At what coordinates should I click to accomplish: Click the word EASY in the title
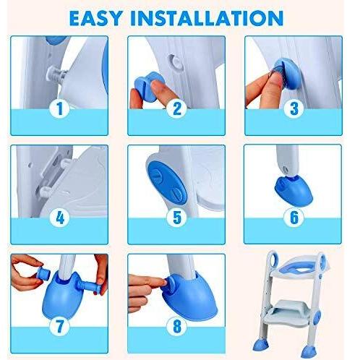click(95, 18)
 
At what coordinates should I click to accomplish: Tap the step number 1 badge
click(59, 108)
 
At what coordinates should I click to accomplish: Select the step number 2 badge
click(176, 108)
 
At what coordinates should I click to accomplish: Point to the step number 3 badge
click(293, 108)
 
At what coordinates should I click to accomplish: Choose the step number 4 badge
click(59, 218)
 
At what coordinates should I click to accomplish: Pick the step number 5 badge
click(176, 218)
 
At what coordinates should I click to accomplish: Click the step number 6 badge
click(293, 218)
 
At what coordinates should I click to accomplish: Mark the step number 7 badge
click(59, 326)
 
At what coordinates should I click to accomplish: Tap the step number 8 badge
click(176, 326)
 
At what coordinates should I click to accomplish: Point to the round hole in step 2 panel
click(176, 62)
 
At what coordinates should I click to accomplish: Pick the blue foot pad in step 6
click(293, 190)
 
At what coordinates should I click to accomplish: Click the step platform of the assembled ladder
click(288, 313)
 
